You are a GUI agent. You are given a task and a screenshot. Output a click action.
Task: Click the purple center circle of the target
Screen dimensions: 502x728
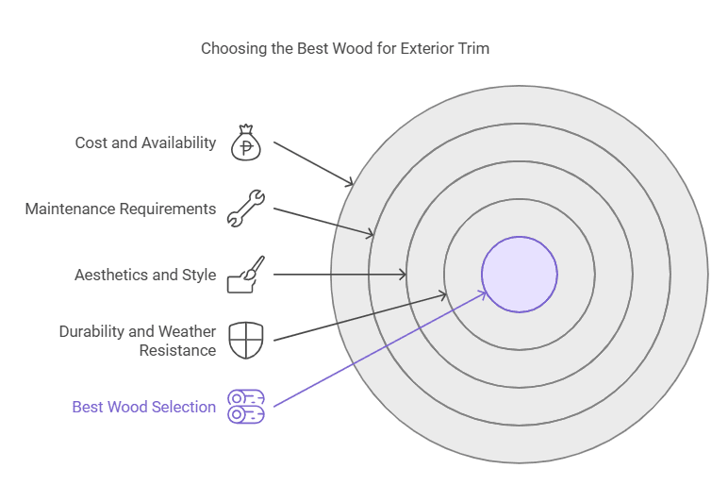[x=520, y=275]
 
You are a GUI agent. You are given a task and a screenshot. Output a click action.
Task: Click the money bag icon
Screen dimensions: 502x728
[x=246, y=143]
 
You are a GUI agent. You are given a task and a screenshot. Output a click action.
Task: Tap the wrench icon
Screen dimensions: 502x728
[x=246, y=209]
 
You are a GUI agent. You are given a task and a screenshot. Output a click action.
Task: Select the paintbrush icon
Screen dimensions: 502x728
[x=246, y=275]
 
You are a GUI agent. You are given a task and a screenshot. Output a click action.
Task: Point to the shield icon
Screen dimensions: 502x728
[x=246, y=340]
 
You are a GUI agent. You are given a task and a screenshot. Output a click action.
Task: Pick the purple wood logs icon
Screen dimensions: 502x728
[x=246, y=407]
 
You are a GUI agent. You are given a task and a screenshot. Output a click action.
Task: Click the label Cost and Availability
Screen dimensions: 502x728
[x=145, y=143]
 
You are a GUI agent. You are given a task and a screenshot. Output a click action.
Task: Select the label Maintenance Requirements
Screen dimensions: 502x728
[x=121, y=209]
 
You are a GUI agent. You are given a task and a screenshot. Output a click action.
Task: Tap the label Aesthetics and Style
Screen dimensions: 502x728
[x=145, y=276]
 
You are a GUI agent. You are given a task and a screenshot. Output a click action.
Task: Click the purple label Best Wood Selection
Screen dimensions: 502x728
[x=144, y=408]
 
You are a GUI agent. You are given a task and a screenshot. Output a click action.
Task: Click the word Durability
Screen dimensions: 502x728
[x=92, y=332]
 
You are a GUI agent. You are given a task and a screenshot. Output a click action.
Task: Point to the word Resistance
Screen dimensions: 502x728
[x=177, y=351]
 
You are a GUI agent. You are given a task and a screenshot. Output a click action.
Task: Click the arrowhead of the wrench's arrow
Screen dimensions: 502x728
[x=372, y=234]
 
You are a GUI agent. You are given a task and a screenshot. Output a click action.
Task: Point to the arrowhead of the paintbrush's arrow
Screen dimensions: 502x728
[x=404, y=275]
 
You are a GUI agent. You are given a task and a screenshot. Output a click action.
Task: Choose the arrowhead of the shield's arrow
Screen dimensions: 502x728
[x=446, y=295]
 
